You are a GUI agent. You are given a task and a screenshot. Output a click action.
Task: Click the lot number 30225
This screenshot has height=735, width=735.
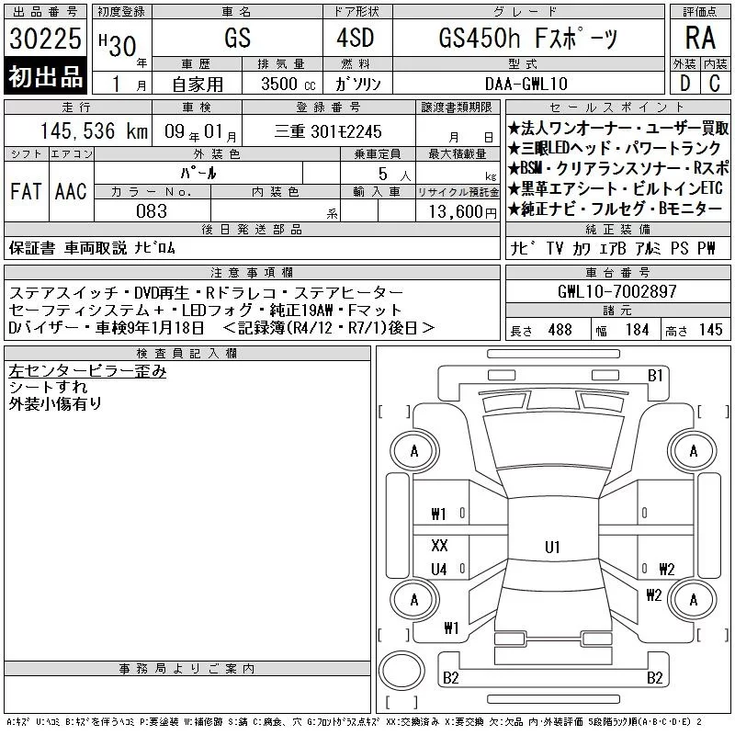(x=45, y=39)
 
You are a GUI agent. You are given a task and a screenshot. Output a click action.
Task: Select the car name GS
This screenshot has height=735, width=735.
(x=238, y=38)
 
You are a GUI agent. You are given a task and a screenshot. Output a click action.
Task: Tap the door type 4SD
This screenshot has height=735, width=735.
(x=356, y=38)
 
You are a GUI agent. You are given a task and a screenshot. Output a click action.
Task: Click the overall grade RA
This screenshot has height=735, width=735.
(x=700, y=38)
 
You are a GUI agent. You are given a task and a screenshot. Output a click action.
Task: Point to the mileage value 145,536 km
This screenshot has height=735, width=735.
(x=95, y=130)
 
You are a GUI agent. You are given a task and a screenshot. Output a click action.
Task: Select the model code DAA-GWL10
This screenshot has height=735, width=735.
(x=526, y=84)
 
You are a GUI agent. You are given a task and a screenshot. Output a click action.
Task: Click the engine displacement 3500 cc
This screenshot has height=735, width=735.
(x=288, y=84)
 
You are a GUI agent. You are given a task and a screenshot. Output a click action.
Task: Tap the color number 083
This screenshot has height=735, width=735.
(x=152, y=211)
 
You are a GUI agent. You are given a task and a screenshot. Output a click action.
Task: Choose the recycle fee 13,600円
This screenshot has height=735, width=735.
(x=463, y=212)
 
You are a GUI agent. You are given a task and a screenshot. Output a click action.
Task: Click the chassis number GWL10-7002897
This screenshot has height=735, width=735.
(x=617, y=291)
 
